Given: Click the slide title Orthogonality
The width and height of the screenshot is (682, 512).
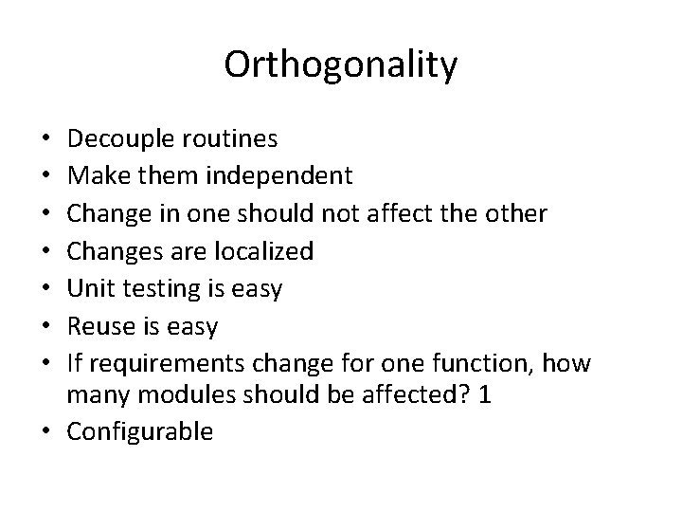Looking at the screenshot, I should coord(341,64).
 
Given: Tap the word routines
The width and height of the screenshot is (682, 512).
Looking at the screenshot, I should coord(233,139).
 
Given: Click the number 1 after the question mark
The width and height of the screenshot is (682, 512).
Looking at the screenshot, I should coord(486,395).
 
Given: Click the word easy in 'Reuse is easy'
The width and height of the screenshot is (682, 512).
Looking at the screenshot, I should coord(195,326).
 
